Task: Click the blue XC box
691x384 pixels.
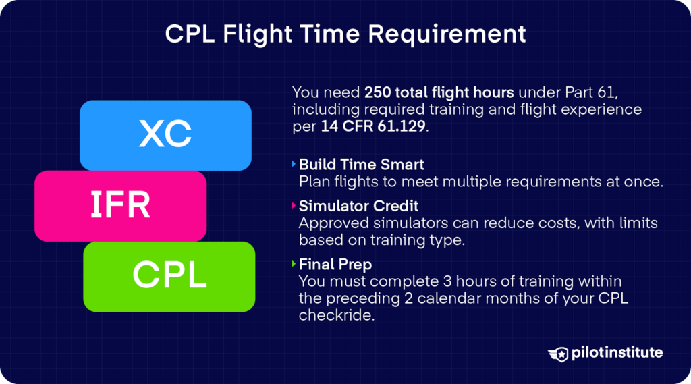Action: click(x=165, y=135)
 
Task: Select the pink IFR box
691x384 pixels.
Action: click(x=120, y=206)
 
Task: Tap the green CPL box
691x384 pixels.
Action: click(x=169, y=275)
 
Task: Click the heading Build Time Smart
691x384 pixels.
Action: click(x=362, y=165)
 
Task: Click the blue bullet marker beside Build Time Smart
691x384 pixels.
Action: click(x=294, y=164)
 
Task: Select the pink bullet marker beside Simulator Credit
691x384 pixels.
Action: click(x=294, y=206)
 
